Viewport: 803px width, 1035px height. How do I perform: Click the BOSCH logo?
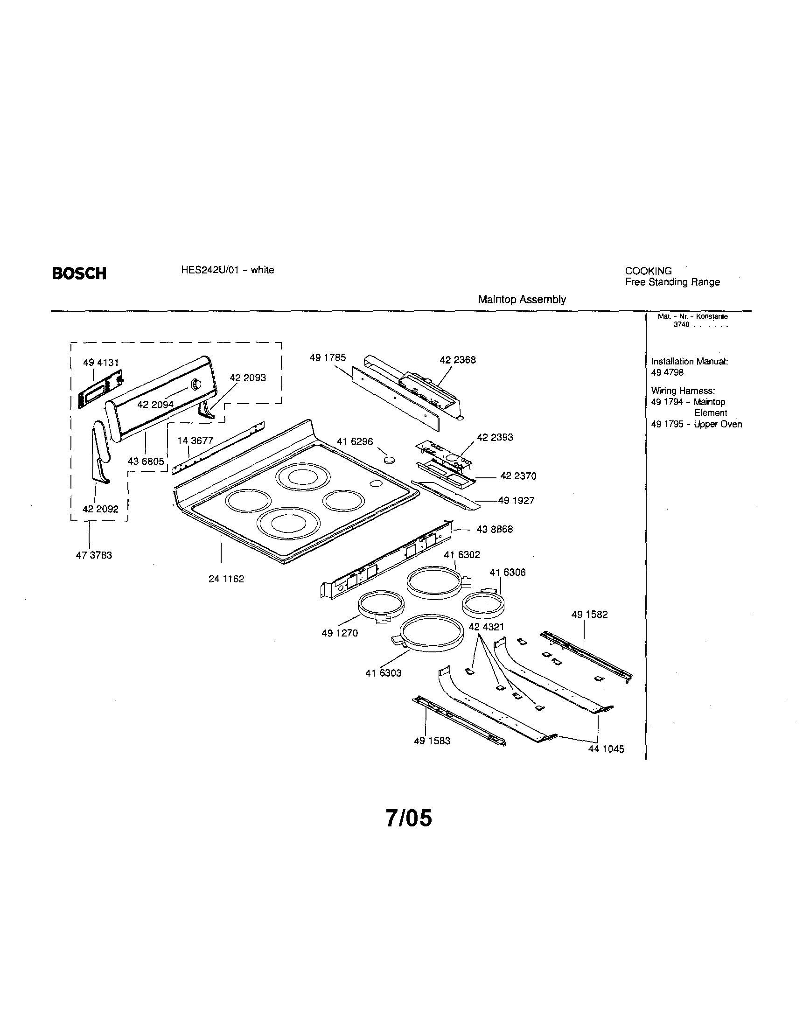coord(79,273)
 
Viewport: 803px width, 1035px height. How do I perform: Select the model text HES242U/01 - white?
coord(227,270)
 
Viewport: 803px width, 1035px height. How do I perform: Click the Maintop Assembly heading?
coord(522,299)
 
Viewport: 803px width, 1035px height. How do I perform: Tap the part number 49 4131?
coord(100,363)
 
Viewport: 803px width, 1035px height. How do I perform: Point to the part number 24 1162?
coord(226,579)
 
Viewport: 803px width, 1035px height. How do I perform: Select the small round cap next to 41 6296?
coord(390,459)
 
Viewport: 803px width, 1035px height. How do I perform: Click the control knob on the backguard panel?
coord(196,385)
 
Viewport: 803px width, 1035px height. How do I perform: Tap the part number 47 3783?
coord(94,555)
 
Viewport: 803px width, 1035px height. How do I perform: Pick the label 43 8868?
coord(495,529)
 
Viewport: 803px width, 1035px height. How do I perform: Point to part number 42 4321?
coord(486,627)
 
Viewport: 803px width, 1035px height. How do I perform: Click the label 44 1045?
coord(606,749)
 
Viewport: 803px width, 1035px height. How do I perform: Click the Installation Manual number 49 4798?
coord(667,372)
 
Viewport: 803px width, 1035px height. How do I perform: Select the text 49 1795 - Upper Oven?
coord(696,424)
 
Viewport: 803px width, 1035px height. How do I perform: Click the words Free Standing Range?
coord(672,282)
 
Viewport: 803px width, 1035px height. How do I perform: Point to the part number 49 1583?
coord(432,741)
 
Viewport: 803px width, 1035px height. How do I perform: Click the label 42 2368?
coord(457,360)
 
